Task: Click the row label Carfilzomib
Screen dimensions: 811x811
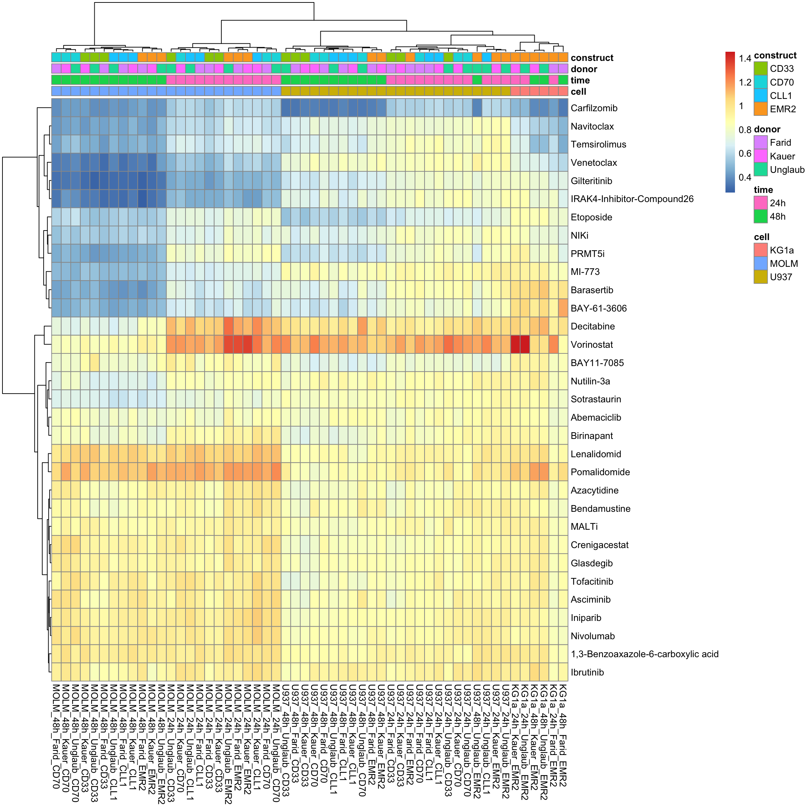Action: click(593, 108)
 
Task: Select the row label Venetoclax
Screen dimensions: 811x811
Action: click(593, 163)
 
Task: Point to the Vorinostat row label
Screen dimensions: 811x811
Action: click(591, 345)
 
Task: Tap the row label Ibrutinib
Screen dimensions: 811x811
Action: click(587, 672)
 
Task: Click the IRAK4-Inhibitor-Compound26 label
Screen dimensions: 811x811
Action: click(632, 199)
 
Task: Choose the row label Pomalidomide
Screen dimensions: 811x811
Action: click(600, 472)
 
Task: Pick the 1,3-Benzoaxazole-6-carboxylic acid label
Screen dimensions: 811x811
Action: click(645, 654)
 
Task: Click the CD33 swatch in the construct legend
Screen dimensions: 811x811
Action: click(760, 68)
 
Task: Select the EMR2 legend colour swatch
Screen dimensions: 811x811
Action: click(760, 109)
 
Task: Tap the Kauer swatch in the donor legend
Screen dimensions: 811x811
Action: click(760, 156)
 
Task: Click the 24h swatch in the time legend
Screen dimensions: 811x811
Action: click(760, 203)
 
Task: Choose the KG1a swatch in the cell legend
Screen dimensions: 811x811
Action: click(760, 250)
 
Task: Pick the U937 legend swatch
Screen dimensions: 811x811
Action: click(760, 277)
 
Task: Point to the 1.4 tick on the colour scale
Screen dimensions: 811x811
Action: click(745, 59)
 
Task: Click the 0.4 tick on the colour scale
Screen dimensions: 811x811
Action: click(745, 177)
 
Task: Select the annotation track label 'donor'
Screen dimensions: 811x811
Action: click(584, 69)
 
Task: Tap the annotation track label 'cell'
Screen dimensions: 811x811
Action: click(578, 92)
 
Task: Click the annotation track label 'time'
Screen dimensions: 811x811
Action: click(580, 80)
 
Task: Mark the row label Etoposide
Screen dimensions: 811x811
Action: click(591, 218)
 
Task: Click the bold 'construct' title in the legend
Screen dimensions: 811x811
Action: click(775, 55)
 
